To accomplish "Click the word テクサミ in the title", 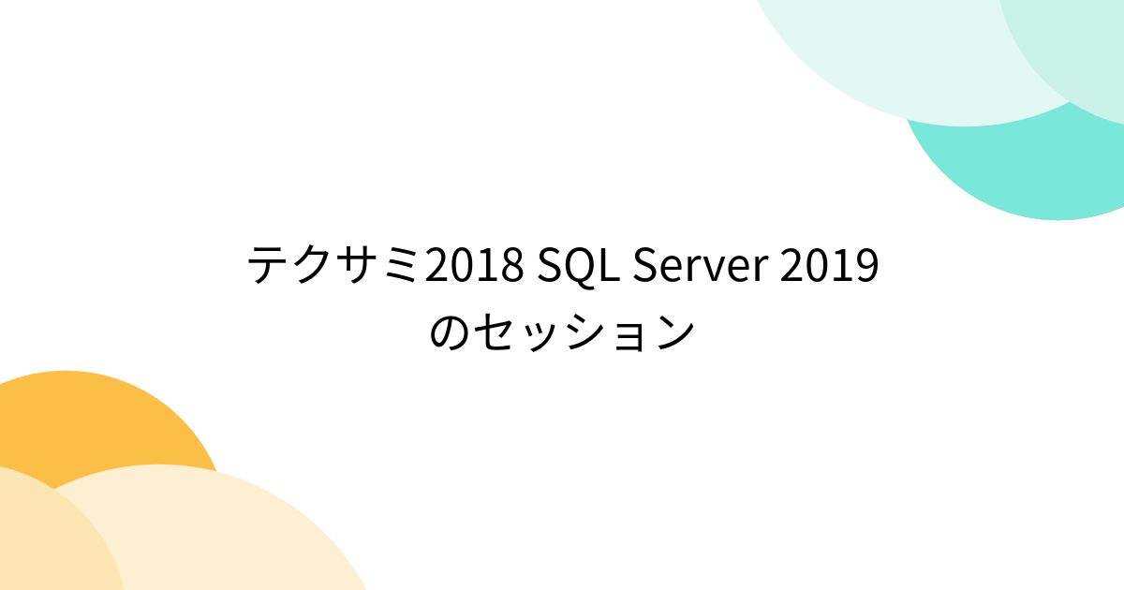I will click(335, 267).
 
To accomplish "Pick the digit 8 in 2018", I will click(510, 267).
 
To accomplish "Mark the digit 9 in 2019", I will click(866, 267).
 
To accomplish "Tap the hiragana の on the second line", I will click(451, 332).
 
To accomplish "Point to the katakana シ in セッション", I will click(584, 332).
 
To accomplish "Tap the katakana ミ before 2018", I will click(403, 267).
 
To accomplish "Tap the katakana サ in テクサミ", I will click(358, 267).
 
